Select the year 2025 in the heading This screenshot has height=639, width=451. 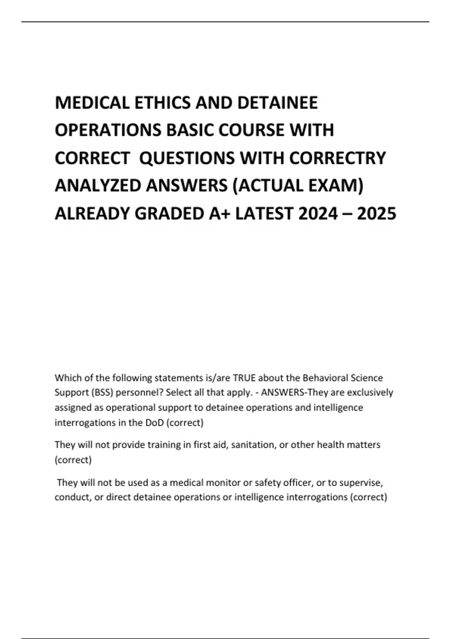pyautogui.click(x=377, y=214)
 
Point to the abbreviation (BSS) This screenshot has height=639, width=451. pyautogui.click(x=102, y=393)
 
